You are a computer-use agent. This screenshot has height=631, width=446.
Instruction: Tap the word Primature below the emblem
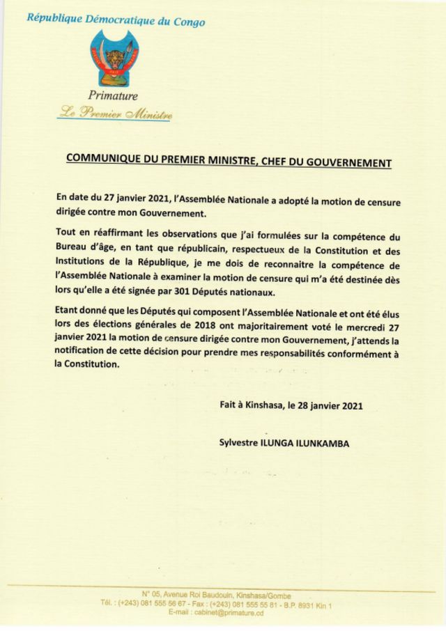coord(113,96)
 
